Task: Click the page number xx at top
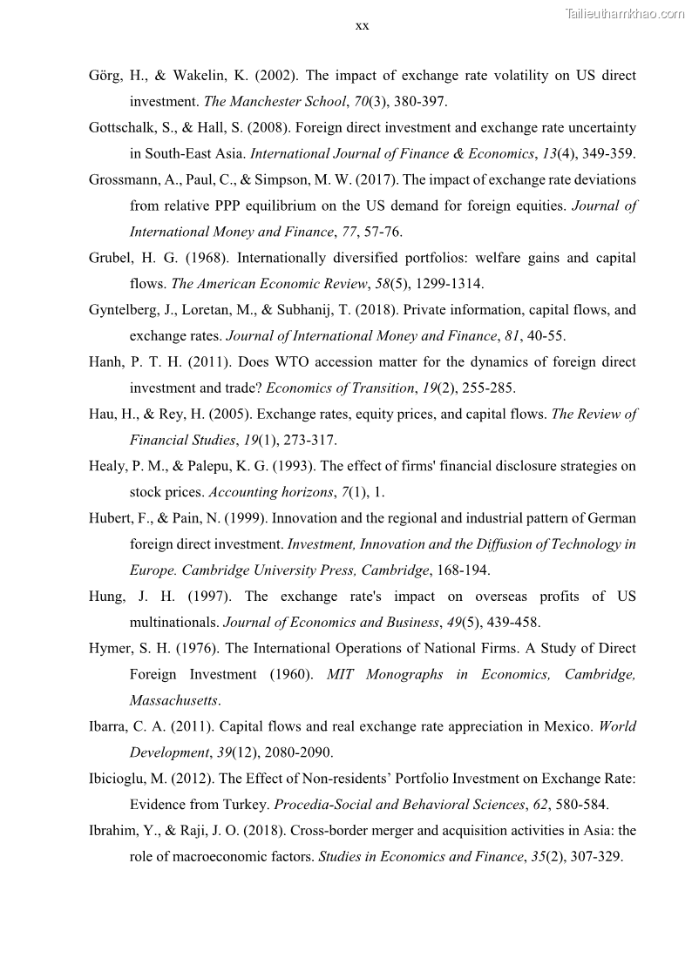click(x=363, y=26)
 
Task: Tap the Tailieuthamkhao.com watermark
click(x=625, y=13)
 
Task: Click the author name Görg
click(x=105, y=76)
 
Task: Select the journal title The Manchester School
click(x=275, y=102)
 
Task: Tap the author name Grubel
click(x=110, y=258)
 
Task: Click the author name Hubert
click(x=109, y=518)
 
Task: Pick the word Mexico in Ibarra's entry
click(x=568, y=726)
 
